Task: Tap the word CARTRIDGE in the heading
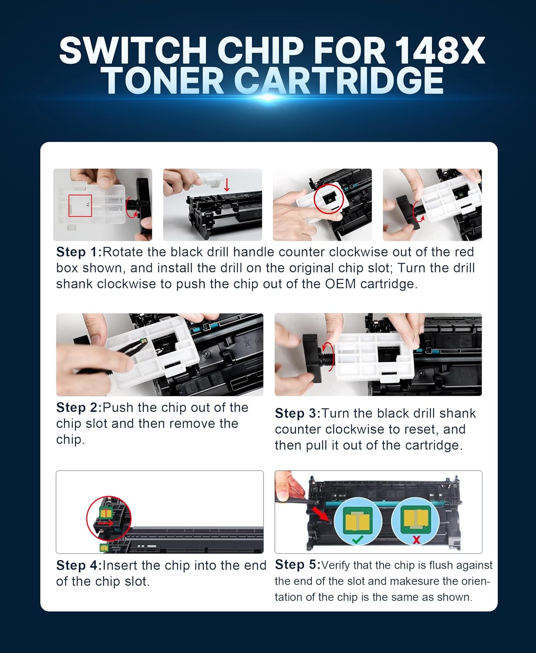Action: point(339,81)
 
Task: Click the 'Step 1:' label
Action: point(79,252)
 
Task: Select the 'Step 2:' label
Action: point(79,407)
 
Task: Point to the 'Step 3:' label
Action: point(297,414)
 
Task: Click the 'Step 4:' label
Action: point(79,565)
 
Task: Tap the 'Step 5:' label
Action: point(297,565)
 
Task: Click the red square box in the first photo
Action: point(80,205)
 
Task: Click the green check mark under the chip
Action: point(357,540)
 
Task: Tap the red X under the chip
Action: point(416,540)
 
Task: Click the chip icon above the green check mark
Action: point(357,520)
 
